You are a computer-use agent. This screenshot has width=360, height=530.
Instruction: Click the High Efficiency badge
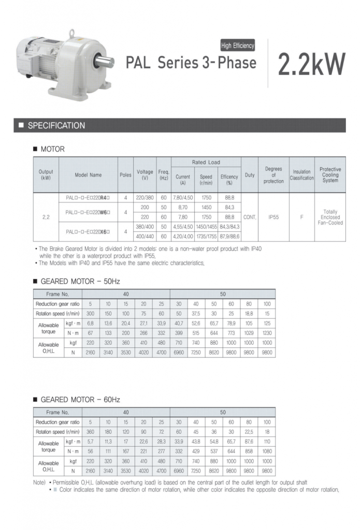coord(238,46)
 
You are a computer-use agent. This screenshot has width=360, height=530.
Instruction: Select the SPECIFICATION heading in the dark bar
coord(56,126)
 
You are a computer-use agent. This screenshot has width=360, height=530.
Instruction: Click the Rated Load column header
coord(206,163)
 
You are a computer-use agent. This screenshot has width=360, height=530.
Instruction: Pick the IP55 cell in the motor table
coord(273,217)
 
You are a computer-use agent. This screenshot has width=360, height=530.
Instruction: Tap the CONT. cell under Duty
coord(250,217)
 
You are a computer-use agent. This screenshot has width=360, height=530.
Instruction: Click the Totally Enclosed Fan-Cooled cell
coord(330,217)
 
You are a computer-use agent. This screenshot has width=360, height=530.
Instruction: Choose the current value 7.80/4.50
coord(183,198)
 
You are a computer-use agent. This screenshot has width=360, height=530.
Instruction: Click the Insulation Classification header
coord(301,175)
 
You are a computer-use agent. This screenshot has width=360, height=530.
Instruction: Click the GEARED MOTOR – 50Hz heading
coord(80,282)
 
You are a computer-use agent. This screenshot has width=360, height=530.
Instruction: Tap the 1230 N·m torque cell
coord(267,333)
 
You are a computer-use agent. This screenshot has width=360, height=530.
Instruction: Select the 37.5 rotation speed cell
coord(196,314)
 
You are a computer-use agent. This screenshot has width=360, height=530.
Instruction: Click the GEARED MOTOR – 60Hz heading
coord(80,400)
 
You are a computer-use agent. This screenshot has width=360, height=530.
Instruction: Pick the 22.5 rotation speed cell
coord(249,432)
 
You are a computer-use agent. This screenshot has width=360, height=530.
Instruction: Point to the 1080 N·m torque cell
coord(267,451)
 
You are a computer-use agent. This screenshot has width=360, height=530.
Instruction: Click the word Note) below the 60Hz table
coord(39,482)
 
